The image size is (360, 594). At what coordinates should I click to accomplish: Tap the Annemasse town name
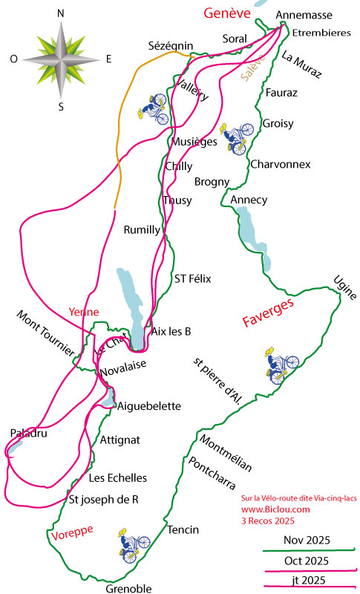click(303, 15)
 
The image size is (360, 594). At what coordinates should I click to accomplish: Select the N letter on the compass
click(60, 13)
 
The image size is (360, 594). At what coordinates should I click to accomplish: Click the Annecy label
click(249, 200)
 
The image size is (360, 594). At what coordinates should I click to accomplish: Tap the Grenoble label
click(128, 588)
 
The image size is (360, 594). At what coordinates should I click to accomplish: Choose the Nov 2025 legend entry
click(306, 540)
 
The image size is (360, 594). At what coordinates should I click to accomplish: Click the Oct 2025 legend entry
click(306, 559)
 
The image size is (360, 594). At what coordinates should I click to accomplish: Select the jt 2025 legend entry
click(307, 579)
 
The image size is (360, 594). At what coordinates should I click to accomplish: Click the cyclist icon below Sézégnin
click(154, 108)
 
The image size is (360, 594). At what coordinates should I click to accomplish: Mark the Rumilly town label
click(141, 229)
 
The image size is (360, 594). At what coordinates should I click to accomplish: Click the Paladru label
click(29, 433)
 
